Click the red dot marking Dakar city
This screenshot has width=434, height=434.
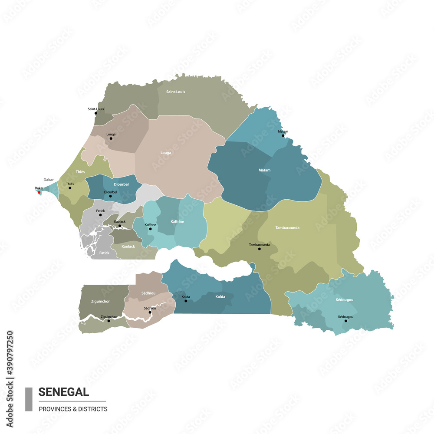(x=39, y=192)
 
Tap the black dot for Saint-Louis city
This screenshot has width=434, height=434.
(x=96, y=113)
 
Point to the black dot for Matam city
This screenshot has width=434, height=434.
(x=283, y=135)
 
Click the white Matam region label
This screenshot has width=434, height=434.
(x=264, y=170)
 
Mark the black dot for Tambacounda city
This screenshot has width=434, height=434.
(x=260, y=249)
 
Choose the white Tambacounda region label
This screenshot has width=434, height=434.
(x=287, y=227)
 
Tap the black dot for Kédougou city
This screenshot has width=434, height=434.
(x=346, y=321)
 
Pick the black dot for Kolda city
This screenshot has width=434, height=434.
(x=186, y=301)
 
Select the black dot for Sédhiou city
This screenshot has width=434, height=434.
(x=150, y=312)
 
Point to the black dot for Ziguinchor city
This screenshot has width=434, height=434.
(x=108, y=321)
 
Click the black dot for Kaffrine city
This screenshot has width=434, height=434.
(x=151, y=229)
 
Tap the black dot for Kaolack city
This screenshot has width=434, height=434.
(x=120, y=226)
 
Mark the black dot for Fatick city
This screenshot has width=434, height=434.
(x=101, y=215)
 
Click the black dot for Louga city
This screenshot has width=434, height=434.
(x=111, y=138)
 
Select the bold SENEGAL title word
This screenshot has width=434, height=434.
(x=64, y=392)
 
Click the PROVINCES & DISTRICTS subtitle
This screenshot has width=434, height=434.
(x=73, y=409)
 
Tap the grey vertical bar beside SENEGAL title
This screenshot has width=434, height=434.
(x=29, y=399)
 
